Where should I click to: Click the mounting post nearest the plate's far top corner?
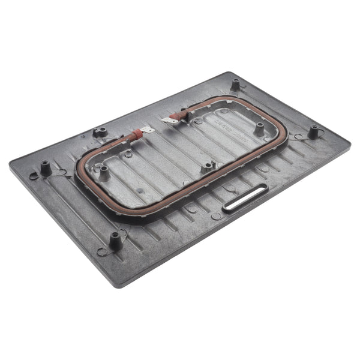pos(235,84)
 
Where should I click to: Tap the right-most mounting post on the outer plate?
pos(313,131)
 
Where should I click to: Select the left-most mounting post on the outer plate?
pos(45,167)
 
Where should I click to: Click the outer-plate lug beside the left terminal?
pos(100,131)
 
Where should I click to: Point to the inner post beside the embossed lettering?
pos(259,128)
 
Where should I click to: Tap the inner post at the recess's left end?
pos(104,172)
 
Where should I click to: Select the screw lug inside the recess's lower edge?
pos(208,167)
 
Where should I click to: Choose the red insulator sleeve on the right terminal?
pos(179,114)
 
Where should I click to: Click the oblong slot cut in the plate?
pos(245,197)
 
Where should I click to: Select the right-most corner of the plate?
pos(350,143)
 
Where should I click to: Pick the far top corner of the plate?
pos(231,73)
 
